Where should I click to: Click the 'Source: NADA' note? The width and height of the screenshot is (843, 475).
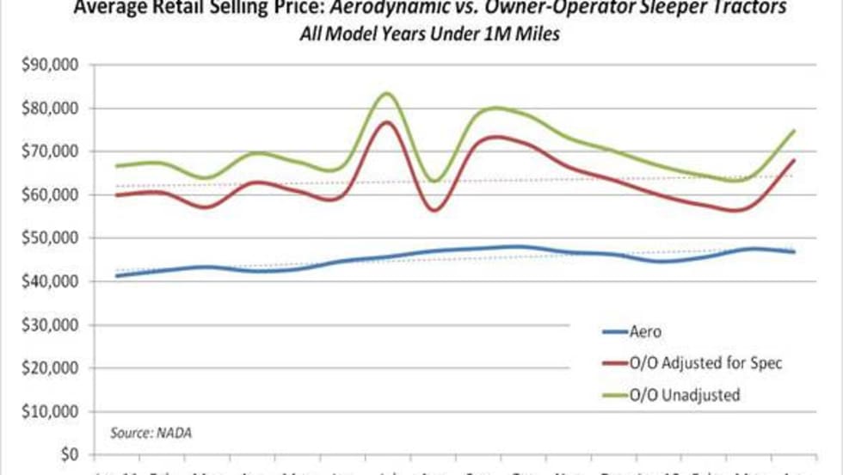pos(151,432)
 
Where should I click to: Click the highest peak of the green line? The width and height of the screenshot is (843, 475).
pos(386,93)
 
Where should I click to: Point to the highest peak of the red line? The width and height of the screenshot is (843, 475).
pos(386,122)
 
